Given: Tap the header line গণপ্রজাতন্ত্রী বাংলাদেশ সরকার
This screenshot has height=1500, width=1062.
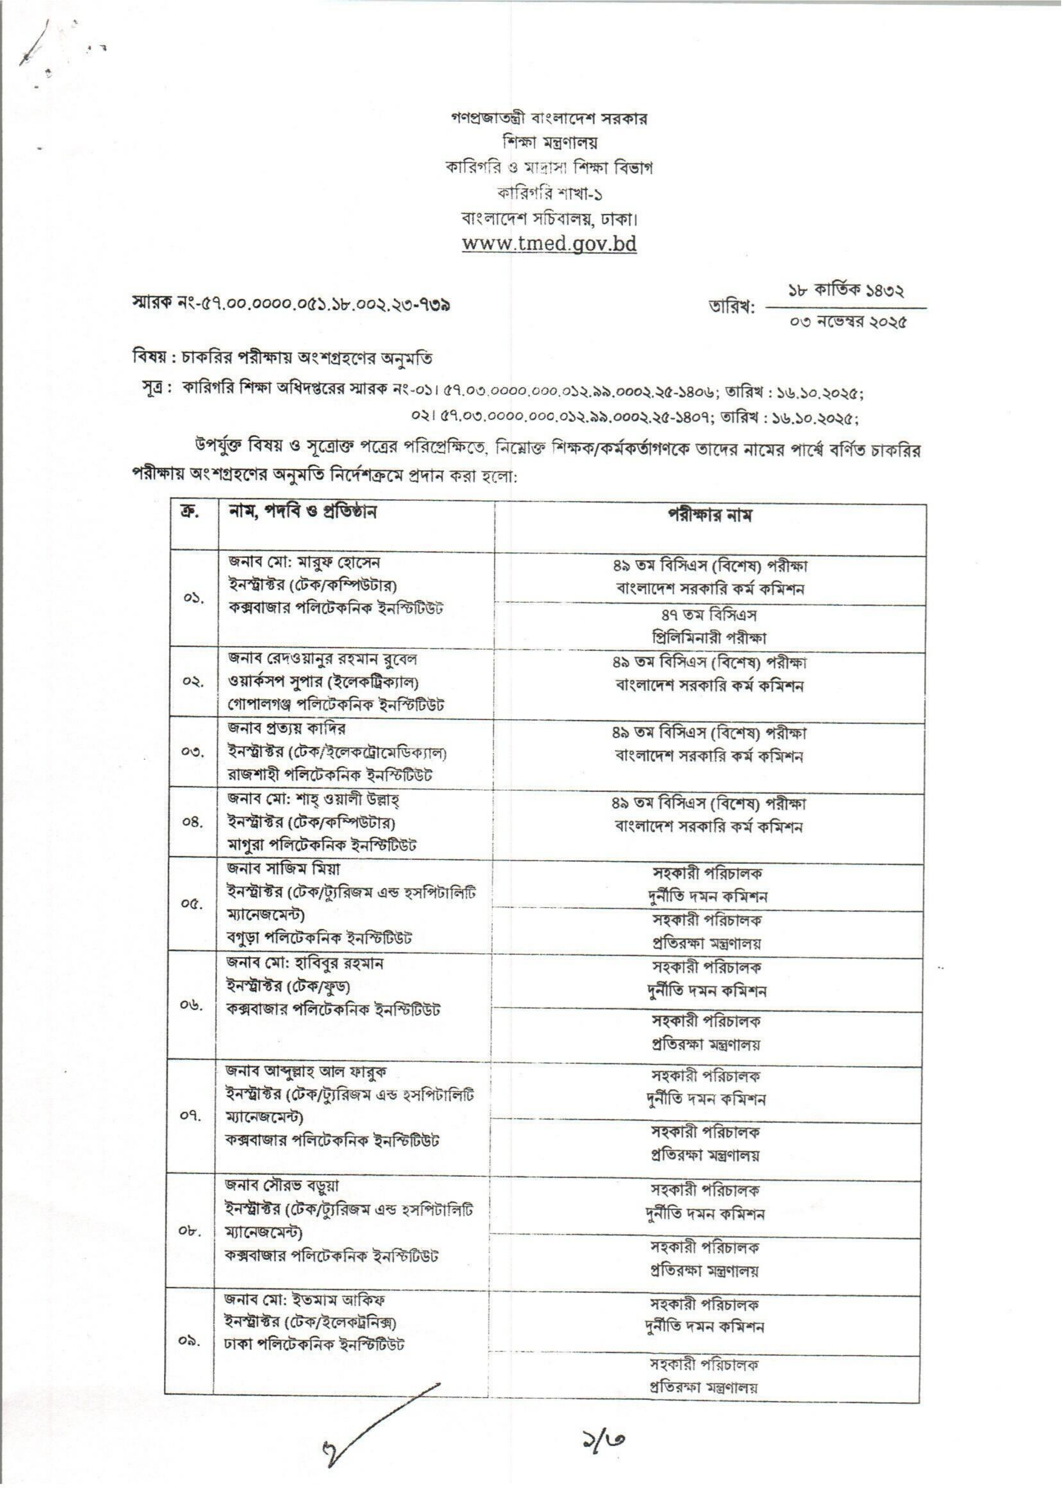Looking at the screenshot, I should (549, 120).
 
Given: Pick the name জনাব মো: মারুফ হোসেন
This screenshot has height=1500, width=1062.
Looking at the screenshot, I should (304, 562).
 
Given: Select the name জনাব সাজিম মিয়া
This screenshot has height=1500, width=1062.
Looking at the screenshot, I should (284, 869).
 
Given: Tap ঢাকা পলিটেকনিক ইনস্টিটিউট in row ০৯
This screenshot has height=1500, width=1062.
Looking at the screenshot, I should (314, 1344).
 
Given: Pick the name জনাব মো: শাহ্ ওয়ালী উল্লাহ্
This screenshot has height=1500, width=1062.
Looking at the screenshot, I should (313, 799).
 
